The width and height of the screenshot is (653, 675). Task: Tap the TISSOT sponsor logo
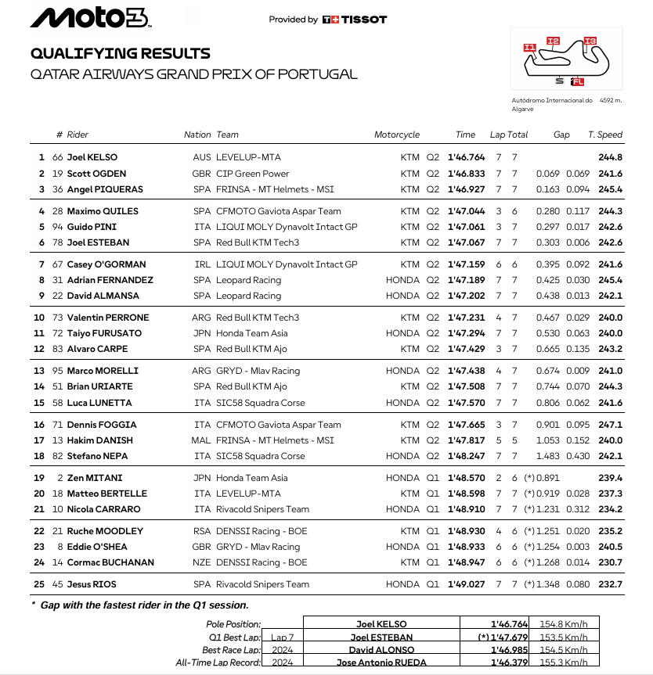[x=355, y=20]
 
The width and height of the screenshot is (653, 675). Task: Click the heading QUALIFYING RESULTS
[x=120, y=54]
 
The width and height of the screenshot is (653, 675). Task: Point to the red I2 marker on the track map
[x=553, y=41]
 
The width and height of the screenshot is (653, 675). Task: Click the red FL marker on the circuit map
[x=577, y=81]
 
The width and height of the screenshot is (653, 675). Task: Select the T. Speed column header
[x=605, y=135]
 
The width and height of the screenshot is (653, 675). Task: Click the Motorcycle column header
[x=397, y=135]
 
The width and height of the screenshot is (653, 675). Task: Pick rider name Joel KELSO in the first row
[x=92, y=157]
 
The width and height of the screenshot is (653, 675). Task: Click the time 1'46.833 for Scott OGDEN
[x=466, y=174]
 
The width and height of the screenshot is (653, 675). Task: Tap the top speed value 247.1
[x=610, y=425]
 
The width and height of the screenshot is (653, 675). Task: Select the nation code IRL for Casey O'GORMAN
[x=202, y=264]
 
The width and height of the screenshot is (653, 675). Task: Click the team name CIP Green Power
[x=252, y=174]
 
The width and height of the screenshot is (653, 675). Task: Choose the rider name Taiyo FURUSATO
[x=104, y=333]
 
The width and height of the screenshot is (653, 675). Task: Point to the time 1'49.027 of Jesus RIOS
[x=466, y=584]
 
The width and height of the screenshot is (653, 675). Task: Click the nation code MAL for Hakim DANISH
[x=201, y=440]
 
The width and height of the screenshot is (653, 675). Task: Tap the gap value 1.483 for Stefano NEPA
[x=548, y=456]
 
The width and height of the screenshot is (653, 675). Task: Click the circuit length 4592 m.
[x=611, y=100]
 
